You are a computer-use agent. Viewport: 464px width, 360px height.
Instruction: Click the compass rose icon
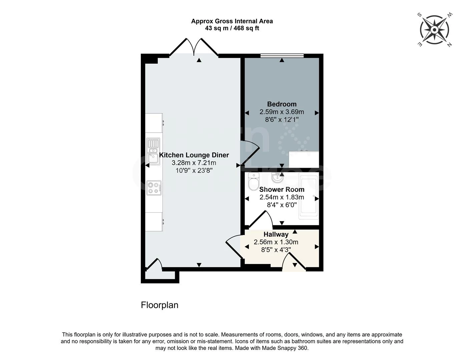click(434, 30)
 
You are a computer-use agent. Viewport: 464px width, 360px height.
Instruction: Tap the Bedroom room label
click(282, 104)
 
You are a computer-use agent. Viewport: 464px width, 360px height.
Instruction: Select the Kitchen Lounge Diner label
click(194, 155)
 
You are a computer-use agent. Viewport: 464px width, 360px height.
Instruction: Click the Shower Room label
click(282, 189)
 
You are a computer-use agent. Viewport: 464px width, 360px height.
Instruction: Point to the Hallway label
click(276, 234)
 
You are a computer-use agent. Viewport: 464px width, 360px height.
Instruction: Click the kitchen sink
click(153, 152)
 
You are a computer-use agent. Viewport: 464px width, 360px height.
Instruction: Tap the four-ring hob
click(154, 188)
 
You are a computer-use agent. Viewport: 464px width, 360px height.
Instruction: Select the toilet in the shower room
click(254, 181)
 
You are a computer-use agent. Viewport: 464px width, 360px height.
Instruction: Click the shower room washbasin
click(277, 178)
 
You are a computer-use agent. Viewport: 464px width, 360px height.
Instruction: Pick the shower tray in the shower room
click(309, 197)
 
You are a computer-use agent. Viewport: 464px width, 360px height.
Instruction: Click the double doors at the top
click(194, 48)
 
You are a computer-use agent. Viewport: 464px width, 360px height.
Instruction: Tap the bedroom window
click(282, 56)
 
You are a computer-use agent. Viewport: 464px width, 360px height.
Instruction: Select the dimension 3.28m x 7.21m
click(194, 163)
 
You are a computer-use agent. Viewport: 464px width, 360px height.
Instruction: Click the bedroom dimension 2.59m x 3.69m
click(282, 112)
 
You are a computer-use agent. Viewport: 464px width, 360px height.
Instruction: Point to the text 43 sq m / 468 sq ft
click(232, 28)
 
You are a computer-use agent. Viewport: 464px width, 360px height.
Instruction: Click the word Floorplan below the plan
click(159, 305)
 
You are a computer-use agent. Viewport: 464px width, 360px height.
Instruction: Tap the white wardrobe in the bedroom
click(304, 159)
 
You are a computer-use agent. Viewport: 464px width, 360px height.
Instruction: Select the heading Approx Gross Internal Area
click(232, 21)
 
